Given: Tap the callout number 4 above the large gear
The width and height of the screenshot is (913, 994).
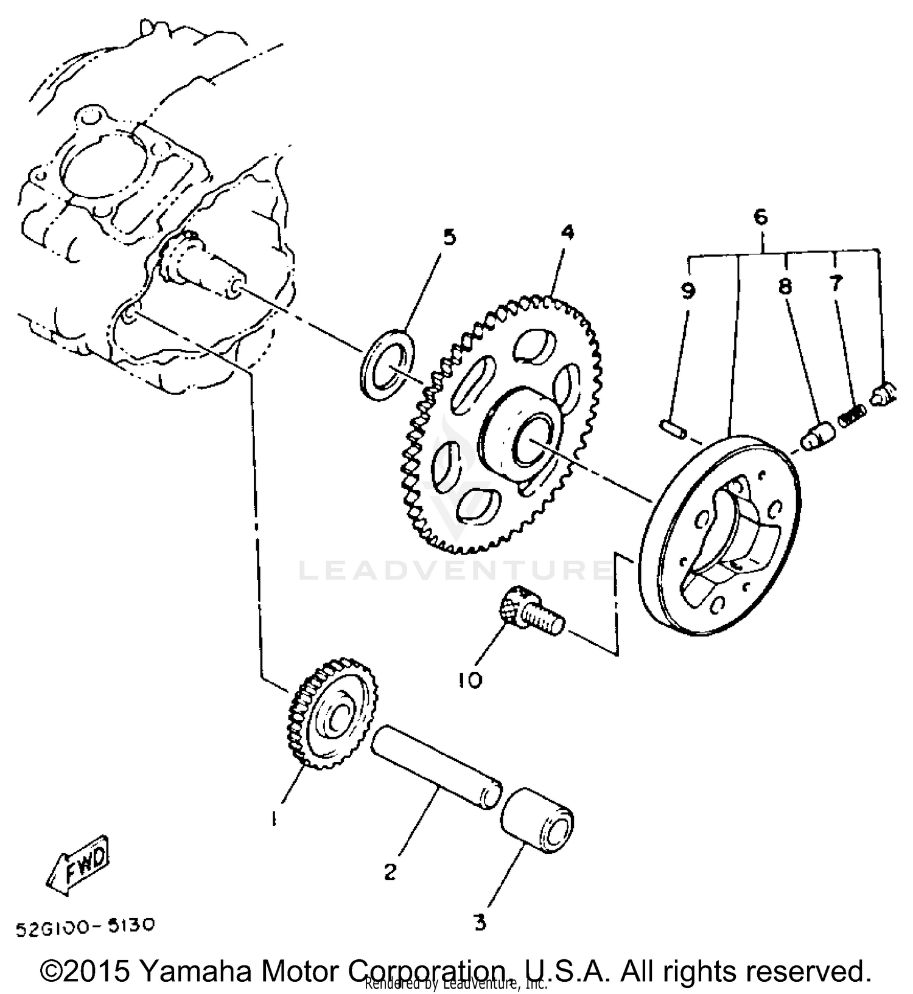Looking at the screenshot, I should (x=567, y=232).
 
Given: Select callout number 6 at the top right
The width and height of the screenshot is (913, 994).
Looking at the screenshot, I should (x=760, y=217).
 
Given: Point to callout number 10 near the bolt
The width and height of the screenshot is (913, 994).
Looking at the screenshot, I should (x=470, y=679).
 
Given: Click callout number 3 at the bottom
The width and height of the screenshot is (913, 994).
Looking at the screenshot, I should (x=480, y=923).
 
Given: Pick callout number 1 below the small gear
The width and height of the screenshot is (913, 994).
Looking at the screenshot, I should (x=275, y=819).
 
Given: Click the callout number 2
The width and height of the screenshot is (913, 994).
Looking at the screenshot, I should (x=390, y=872).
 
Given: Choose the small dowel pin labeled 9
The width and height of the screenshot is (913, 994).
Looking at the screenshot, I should (x=674, y=428).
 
